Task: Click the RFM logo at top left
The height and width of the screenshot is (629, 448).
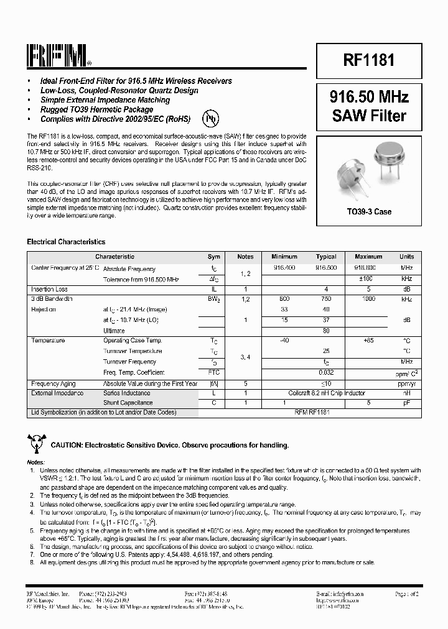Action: coord(58,55)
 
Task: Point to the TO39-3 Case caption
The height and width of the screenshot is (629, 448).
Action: coord(369,212)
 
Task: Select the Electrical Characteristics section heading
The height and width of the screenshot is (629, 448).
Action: coord(66,242)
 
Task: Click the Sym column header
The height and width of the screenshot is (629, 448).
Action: coord(213,256)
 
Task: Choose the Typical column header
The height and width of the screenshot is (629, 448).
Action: coord(326,256)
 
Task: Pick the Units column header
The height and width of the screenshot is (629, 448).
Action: coord(406,256)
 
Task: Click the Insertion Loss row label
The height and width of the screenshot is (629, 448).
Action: coord(49,289)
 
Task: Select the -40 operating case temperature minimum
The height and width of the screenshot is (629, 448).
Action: coord(285,341)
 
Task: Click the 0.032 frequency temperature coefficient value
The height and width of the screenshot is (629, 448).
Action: coord(326,372)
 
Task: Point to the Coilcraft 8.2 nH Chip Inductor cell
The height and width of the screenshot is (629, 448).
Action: coord(326,393)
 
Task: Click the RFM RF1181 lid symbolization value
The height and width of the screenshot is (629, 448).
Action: coord(326,412)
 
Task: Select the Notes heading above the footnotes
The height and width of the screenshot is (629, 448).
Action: coord(35,462)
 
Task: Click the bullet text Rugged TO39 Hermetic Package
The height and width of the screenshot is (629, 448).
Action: coord(96,109)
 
